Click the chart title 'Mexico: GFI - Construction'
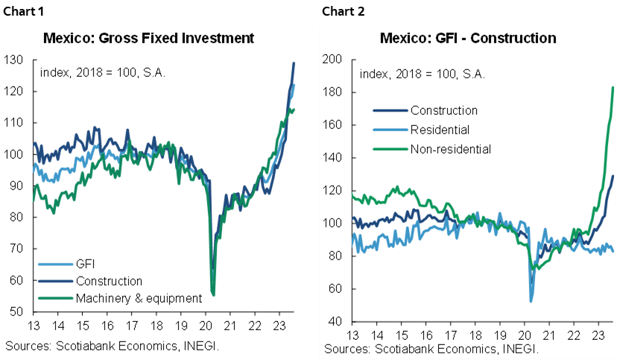click(468, 38)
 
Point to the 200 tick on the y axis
click(331, 60)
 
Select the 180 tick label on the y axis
click(331, 92)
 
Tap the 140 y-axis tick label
click(331, 158)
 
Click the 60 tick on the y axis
click(334, 289)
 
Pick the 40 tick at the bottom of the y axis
click(334, 322)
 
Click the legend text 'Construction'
click(443, 110)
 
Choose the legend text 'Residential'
click(440, 130)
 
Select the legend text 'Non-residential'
click(450, 149)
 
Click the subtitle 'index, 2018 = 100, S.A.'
click(418, 75)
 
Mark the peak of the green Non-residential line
click(613, 87)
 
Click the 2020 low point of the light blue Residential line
click(531, 300)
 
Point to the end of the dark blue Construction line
click(613, 176)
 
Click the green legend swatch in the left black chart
click(56, 297)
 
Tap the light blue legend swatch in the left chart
click(56, 264)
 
